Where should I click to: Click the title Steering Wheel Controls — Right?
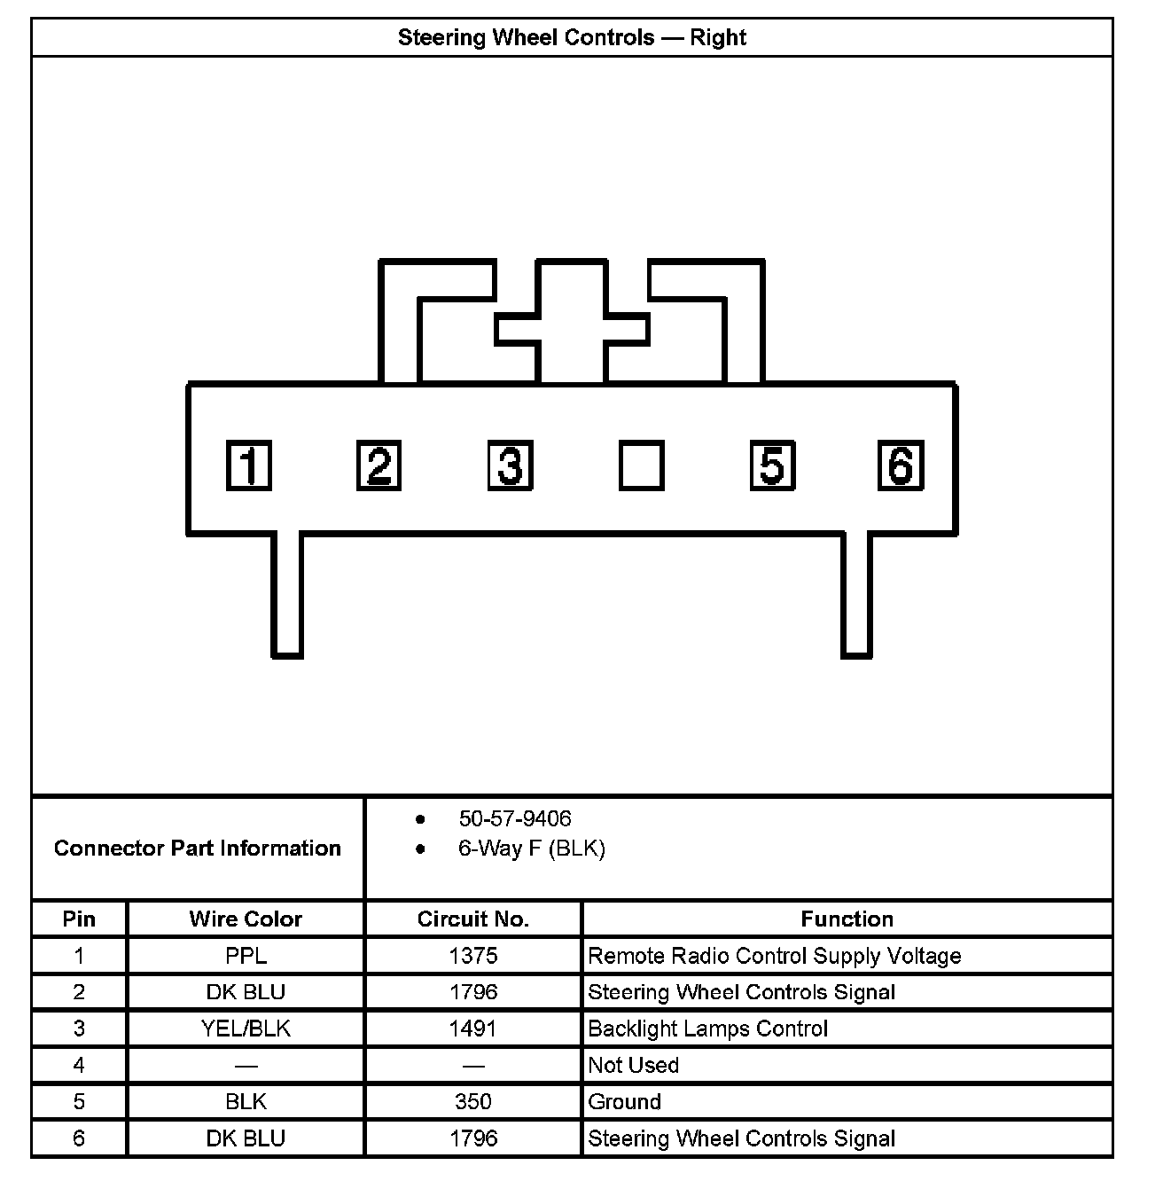572,38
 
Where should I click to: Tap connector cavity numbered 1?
248,465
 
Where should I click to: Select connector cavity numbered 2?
379,465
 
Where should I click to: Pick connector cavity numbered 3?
510,465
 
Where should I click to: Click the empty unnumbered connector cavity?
641,465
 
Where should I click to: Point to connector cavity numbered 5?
772,465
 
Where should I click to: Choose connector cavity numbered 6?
901,465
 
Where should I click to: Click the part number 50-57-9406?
515,818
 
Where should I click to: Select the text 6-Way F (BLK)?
531,849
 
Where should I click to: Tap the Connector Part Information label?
198,849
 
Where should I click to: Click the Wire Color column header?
246,919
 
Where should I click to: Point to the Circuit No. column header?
473,919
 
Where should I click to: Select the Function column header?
847,919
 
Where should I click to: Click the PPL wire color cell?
246,956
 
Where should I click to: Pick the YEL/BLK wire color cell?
246,1028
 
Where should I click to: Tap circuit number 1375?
473,956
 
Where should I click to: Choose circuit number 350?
473,1102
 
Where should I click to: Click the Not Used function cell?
634,1065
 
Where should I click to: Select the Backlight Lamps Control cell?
707,1028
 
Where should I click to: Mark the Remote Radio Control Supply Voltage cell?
775,956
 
